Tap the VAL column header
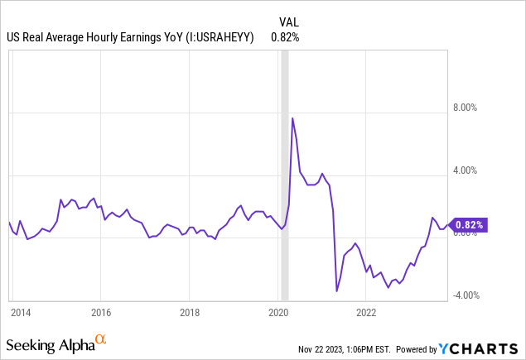tap(286, 22)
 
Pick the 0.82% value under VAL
tap(285, 37)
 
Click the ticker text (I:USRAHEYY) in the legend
tap(218, 37)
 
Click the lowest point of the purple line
tap(336, 290)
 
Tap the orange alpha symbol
tap(100, 339)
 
